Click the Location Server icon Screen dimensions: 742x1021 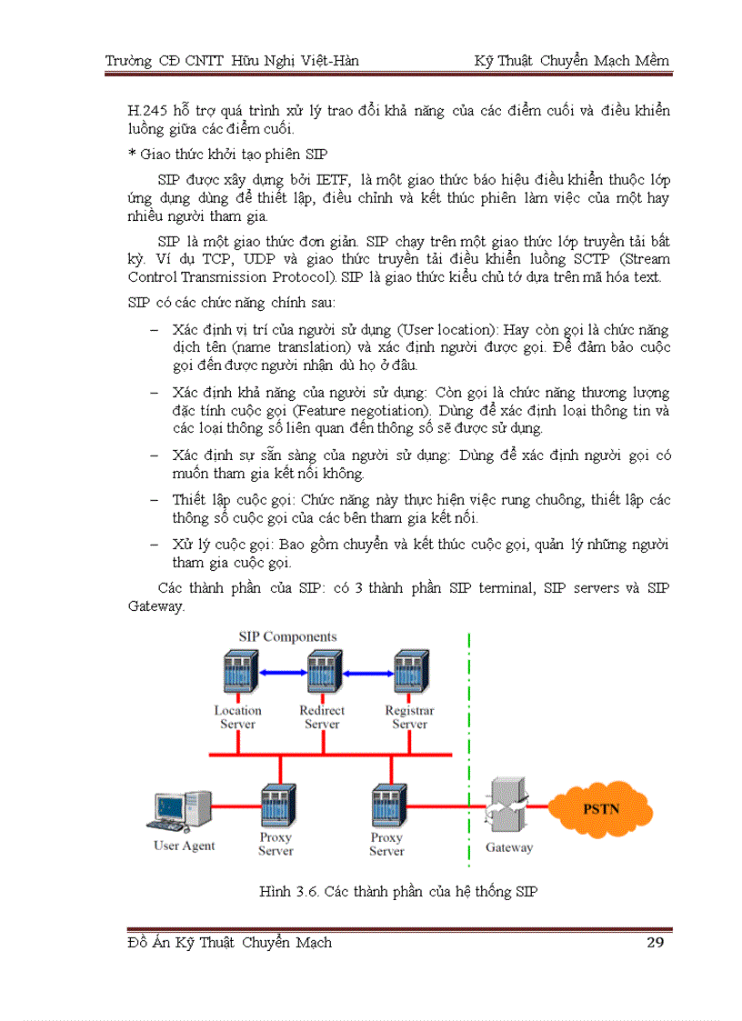click(238, 675)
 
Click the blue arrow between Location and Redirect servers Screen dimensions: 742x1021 click(280, 673)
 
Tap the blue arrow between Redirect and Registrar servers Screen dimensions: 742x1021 click(366, 674)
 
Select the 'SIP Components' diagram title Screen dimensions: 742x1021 click(287, 636)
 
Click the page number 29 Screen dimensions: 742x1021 click(655, 942)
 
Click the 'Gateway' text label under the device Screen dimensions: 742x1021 click(509, 847)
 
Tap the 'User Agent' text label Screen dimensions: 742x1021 click(185, 846)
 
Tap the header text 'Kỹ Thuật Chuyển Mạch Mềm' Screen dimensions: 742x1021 click(571, 61)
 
